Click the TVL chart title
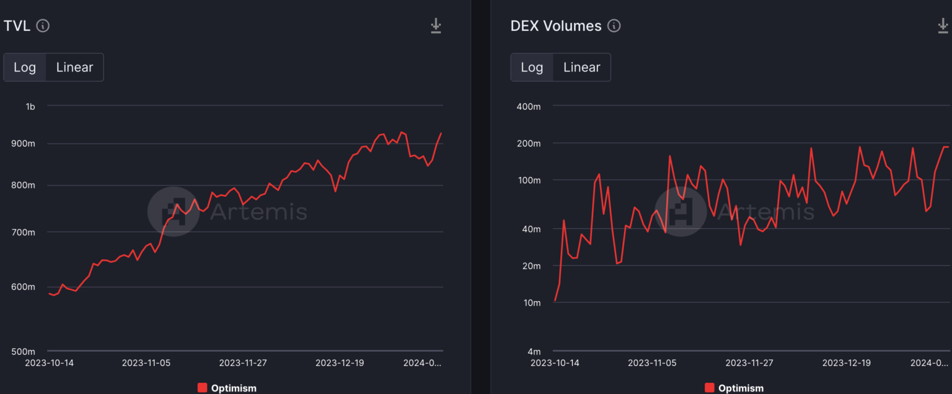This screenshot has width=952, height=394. coord(17,26)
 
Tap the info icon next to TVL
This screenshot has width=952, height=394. coord(43,26)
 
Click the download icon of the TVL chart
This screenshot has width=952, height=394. coord(436,26)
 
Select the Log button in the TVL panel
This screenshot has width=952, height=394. coord(25,68)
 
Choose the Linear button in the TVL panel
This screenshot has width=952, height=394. coord(74,68)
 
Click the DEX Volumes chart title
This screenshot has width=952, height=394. coord(555,26)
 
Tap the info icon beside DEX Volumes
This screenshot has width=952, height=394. coord(614,26)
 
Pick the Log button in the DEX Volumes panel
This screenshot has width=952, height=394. coord(532,68)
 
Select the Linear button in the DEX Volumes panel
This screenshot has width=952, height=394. coord(581,68)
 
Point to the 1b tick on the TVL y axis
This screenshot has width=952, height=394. coord(30,107)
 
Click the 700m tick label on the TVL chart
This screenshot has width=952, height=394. coord(24,233)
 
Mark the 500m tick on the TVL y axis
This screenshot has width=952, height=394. coord(24,351)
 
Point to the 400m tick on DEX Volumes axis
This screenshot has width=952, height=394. coord(529,107)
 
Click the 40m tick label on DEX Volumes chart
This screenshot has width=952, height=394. coord(531,230)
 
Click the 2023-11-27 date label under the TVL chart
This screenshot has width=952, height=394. coord(244,363)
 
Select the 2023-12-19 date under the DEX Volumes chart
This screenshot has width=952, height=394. coord(846,363)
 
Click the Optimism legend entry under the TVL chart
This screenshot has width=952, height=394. coord(227,388)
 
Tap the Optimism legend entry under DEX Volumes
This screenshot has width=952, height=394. coord(734,388)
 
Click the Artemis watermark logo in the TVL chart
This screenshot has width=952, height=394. coord(174,212)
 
